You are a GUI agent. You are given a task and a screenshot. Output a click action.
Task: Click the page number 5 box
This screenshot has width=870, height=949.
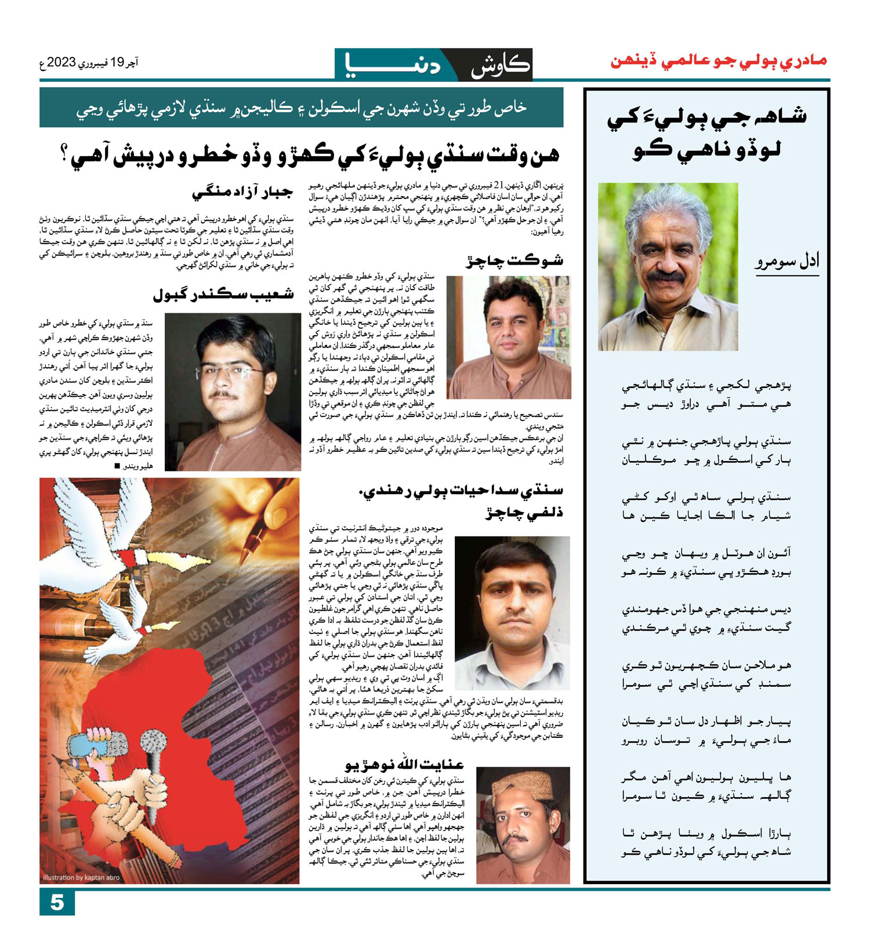point(57,903)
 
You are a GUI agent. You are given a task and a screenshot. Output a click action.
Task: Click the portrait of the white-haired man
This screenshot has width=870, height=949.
point(668,266)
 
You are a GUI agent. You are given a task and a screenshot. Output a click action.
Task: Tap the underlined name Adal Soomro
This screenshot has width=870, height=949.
point(787,262)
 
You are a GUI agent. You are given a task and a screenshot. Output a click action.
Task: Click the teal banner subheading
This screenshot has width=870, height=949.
point(301,108)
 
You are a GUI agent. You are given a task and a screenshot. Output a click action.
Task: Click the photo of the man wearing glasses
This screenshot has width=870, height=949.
point(233,392)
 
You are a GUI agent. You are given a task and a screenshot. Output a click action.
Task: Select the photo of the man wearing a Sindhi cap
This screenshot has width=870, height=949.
point(523,825)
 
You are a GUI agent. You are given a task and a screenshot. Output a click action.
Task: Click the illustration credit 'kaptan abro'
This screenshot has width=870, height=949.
point(81,877)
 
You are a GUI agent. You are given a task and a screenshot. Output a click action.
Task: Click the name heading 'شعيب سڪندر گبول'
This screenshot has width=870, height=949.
point(223,295)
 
